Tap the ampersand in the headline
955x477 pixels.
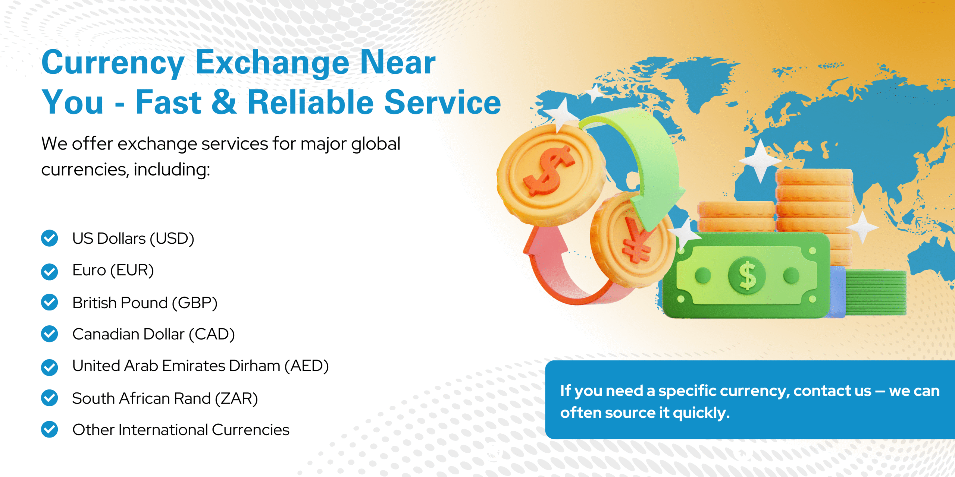224,102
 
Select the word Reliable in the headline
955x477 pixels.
311,102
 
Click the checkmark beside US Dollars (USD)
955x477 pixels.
50,238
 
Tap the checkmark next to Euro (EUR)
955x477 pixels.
50,272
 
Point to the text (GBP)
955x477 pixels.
195,303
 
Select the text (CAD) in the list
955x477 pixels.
212,335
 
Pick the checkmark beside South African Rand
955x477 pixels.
50,398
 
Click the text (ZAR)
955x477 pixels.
237,399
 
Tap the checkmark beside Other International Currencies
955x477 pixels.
50,429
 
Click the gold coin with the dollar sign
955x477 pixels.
551,175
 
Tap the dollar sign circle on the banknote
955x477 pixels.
747,276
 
